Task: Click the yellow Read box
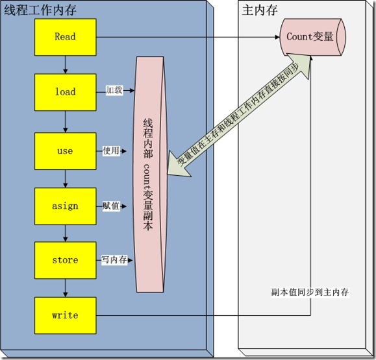[65, 37]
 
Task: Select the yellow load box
[65, 91]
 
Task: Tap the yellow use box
[65, 150]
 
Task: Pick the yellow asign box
[65, 206]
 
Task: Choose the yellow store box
[65, 260]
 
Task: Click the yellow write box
[65, 315]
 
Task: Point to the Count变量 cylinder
[310, 37]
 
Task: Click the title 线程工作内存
[40, 12]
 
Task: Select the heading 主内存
[257, 12]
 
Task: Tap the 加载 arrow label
[114, 91]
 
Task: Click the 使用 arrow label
[111, 150]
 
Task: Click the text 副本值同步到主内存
[310, 292]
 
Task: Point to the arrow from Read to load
[65, 64]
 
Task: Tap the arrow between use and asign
[65, 178]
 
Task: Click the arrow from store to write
[65, 287]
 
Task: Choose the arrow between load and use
[65, 121]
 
